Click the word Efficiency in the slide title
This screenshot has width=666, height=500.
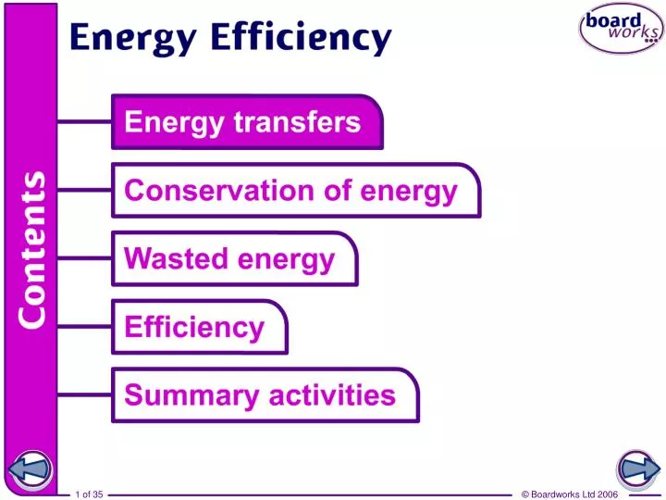(301, 39)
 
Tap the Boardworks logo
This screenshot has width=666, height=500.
(621, 29)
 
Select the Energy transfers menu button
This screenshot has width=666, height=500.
(246, 121)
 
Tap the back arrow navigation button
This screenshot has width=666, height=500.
(30, 469)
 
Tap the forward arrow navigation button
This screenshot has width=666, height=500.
(636, 469)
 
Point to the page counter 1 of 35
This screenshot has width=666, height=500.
(89, 494)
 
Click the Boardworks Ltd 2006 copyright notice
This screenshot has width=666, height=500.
(569, 494)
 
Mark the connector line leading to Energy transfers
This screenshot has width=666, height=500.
(84, 121)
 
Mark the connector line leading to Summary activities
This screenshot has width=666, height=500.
(84, 395)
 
